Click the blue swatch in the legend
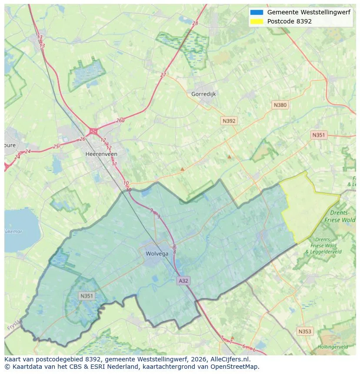257,13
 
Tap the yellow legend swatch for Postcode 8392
257,21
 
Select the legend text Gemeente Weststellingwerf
309,13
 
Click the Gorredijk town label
203,94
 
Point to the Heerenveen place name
101,154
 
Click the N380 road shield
280,105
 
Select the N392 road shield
229,121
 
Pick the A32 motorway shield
183,281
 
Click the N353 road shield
305,331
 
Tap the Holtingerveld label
333,347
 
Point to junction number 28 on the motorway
195,23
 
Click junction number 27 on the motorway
163,75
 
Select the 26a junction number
120,121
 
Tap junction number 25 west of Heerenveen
56,147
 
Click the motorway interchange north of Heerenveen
93,131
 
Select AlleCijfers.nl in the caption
228,360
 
